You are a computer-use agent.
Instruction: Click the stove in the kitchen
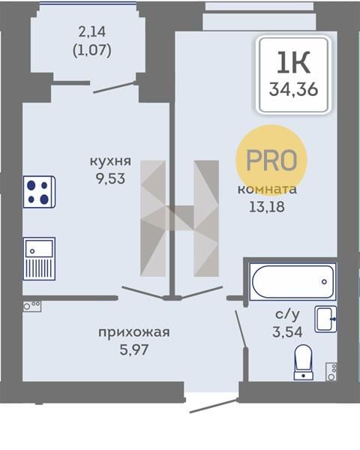39,192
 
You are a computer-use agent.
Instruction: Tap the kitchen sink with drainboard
39,259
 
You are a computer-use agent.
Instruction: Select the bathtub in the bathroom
292,281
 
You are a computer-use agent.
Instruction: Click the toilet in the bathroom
303,362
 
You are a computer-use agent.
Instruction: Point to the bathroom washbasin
325,319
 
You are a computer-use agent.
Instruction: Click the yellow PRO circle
271,160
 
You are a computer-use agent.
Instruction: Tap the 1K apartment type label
293,62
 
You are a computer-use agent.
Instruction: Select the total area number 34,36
294,89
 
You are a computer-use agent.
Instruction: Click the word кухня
110,161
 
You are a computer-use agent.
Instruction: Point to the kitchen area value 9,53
110,178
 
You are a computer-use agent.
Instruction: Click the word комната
267,190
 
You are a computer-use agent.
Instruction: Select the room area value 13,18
267,207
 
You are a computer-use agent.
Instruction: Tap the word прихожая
134,332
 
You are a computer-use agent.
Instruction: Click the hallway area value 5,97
134,349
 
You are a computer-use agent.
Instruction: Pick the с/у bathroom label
287,314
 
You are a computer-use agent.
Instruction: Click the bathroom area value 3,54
287,332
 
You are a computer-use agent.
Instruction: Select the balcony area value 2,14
91,31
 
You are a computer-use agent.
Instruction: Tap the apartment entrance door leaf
214,406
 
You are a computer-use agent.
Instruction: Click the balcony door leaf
115,88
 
